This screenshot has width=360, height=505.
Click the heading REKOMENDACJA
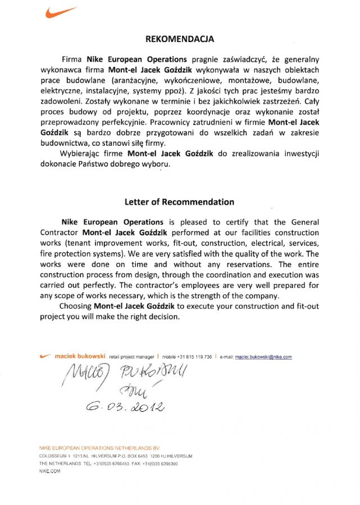click(180, 39)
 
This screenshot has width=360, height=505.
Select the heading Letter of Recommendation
click(179, 202)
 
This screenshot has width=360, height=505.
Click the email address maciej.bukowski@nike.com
click(263, 356)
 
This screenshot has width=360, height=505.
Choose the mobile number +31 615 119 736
click(194, 356)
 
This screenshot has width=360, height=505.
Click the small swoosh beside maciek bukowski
click(46, 356)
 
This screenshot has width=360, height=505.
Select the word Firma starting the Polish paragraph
click(72, 59)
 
